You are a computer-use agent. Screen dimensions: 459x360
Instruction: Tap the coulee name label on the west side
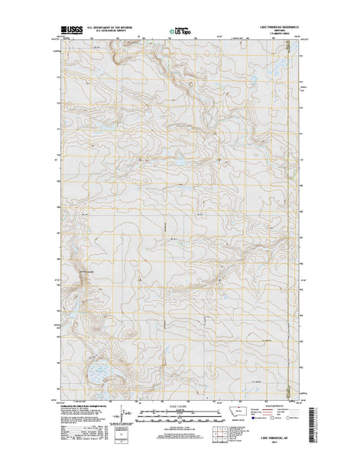(x=84, y=272)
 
